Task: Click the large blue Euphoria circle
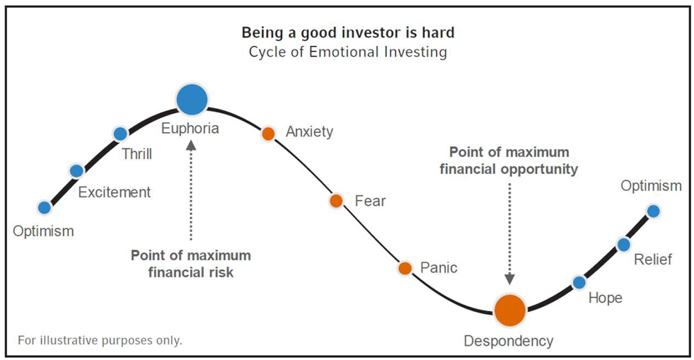(192, 99)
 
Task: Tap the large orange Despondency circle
(510, 310)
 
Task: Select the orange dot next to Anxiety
(268, 133)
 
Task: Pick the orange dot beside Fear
(336, 201)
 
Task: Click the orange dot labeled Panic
(405, 268)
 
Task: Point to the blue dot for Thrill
(120, 134)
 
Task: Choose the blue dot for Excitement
(76, 170)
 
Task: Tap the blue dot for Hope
(579, 282)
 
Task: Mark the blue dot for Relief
(624, 244)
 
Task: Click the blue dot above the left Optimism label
(45, 207)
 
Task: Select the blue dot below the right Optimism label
(653, 211)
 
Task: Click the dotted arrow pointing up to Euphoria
(191, 190)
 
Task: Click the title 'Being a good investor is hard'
(348, 33)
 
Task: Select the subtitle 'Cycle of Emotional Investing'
(348, 52)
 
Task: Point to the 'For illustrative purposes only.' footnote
(100, 340)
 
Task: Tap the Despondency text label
(509, 341)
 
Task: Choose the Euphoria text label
(190, 128)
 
